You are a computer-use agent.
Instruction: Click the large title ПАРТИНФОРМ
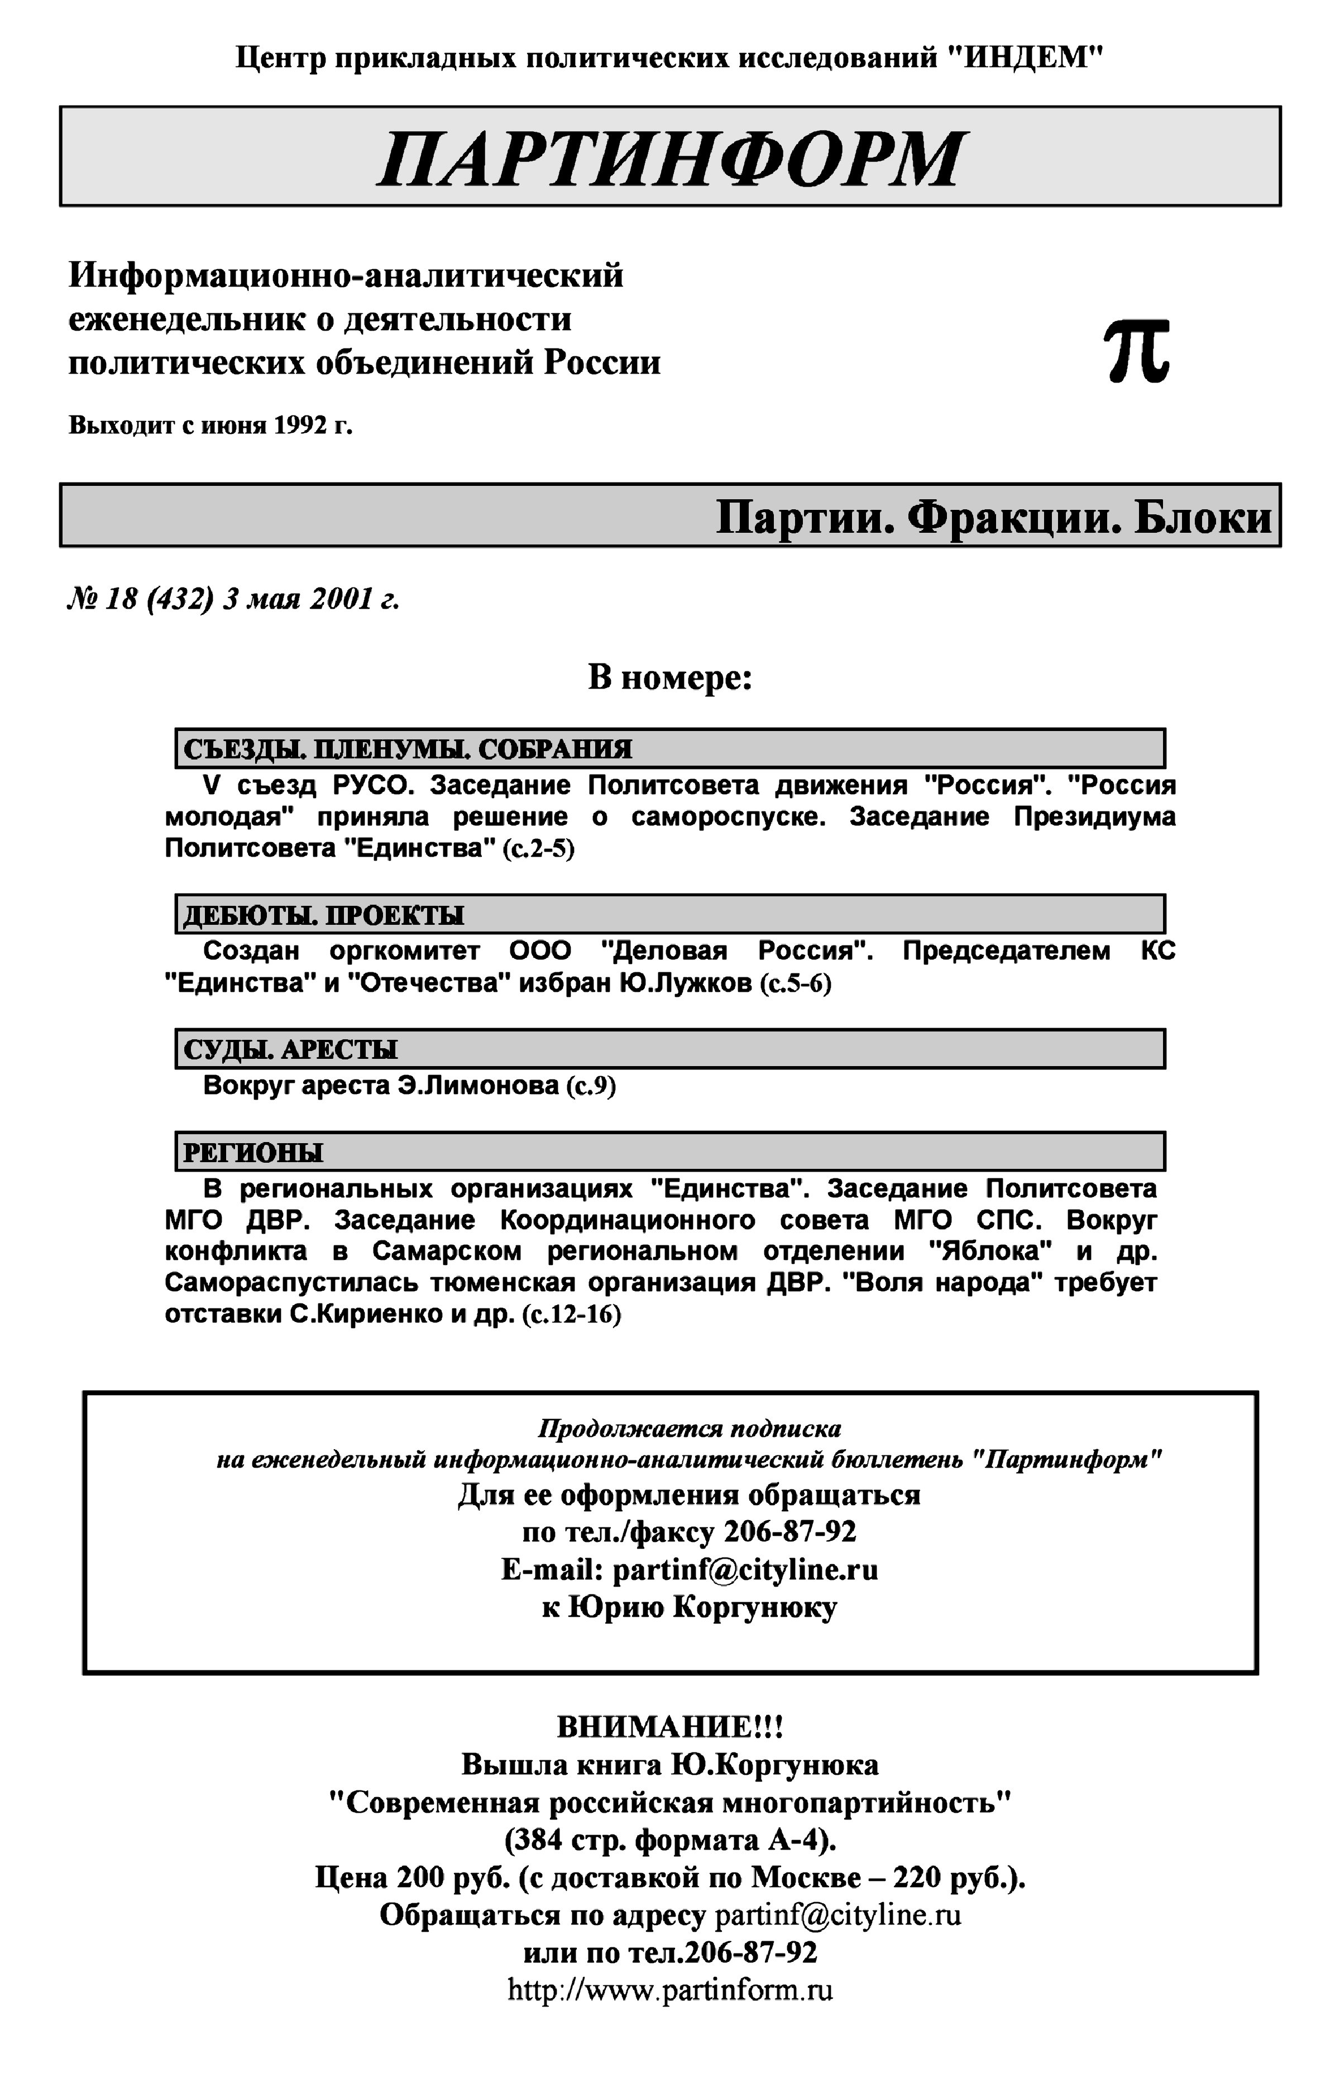point(670,159)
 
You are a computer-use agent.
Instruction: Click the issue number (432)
point(180,600)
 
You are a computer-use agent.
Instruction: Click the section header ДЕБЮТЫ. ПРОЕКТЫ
point(324,915)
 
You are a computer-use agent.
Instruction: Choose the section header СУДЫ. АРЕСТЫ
point(291,1049)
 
